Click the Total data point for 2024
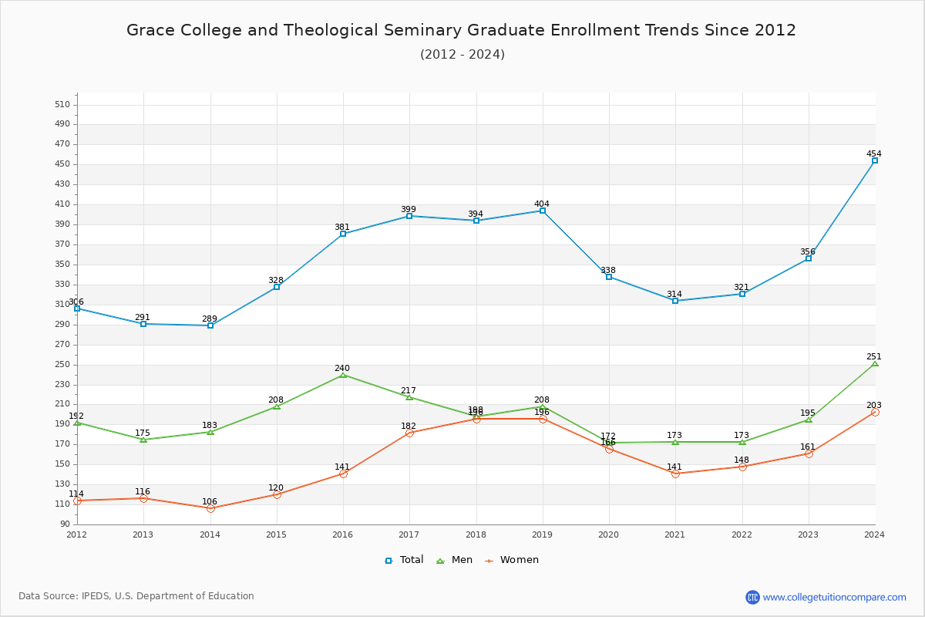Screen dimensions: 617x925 pos(875,160)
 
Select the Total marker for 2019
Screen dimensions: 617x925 pos(543,211)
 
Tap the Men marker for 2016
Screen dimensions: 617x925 pos(343,375)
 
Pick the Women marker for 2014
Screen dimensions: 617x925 pos(210,508)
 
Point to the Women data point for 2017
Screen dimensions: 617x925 pos(409,433)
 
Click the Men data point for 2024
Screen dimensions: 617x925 pos(875,363)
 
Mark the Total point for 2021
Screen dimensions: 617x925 pos(675,301)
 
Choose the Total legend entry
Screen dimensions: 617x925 pos(405,560)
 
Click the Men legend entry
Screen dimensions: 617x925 pos(456,560)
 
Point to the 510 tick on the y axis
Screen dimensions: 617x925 pos(62,105)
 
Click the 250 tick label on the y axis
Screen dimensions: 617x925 pos(62,365)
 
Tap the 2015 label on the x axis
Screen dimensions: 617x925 pos(276,534)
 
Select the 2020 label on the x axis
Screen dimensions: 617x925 pos(609,534)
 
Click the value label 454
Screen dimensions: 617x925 pos(873,153)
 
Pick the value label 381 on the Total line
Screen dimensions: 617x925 pos(342,227)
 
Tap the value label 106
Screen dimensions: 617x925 pos(210,501)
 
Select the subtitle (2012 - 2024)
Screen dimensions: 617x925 pos(462,54)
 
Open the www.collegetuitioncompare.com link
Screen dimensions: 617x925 pos(834,597)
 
